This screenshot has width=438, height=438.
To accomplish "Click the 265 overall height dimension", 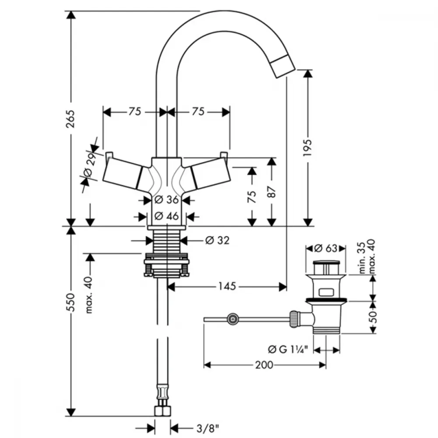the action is coord(71,119).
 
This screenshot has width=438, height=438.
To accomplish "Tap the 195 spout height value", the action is coord(307,147).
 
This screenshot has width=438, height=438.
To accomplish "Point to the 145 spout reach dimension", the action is coord(227,286).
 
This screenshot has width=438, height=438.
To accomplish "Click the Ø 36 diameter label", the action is coord(166,200).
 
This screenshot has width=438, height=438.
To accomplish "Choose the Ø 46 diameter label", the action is coord(166,216).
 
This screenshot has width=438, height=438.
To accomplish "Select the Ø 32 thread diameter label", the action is coord(217,240).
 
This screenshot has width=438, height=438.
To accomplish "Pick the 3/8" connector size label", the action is coord(208,428).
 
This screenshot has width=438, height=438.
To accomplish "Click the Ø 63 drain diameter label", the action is coord(326,248).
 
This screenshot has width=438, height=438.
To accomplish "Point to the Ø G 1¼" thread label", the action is coord(288,349).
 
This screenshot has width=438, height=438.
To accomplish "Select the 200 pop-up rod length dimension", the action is coord(264,365).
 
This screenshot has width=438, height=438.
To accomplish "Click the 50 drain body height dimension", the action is coord(373,317).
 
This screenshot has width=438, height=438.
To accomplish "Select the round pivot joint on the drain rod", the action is coord(233,319).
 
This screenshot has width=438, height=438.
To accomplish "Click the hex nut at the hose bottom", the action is coord(162,411).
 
